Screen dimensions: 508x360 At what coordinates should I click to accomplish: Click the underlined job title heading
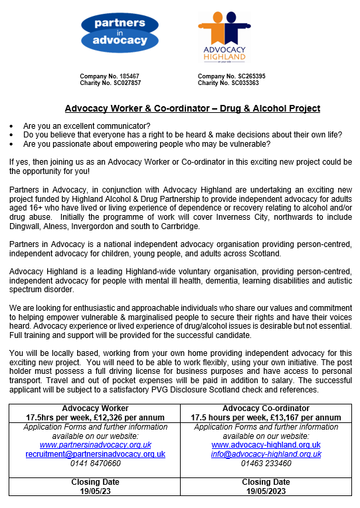pyautogui.click(x=193, y=108)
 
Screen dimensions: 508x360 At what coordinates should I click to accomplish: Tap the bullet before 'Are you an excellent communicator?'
pyautogui.click(x=12, y=126)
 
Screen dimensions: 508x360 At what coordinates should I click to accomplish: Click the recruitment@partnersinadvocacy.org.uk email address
pyautogui.click(x=95, y=454)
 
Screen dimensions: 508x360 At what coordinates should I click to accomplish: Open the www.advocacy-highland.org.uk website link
pyautogui.click(x=266, y=445)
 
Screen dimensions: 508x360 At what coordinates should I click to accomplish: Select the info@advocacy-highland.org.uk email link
pyautogui.click(x=266, y=454)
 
